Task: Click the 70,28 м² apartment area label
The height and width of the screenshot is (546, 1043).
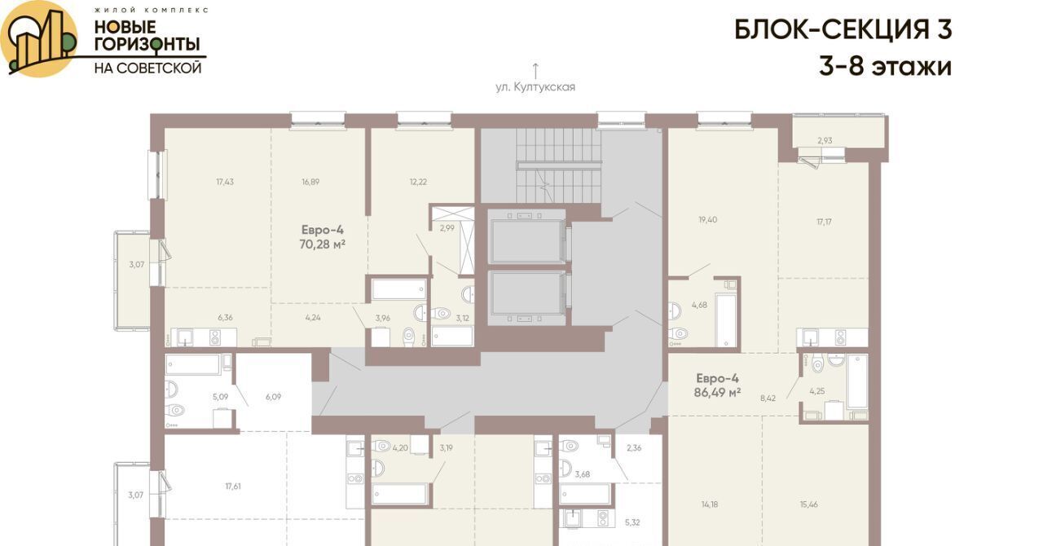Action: [x=322, y=244]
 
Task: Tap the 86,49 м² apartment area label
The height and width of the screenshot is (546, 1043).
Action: [x=717, y=393]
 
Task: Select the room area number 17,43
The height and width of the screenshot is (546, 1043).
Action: [x=225, y=182]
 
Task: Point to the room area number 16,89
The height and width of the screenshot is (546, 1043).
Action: [x=310, y=182]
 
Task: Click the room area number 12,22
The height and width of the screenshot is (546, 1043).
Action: [x=418, y=182]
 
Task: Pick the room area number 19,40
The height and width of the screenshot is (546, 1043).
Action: [x=708, y=219]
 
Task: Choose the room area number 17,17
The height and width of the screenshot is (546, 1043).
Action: [x=824, y=222]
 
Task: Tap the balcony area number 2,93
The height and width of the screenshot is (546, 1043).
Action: [x=825, y=140]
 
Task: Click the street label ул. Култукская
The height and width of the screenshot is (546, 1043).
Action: [x=535, y=87]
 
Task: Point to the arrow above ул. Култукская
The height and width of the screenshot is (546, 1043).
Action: [x=535, y=71]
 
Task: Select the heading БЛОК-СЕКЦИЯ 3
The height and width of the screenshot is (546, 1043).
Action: [x=843, y=30]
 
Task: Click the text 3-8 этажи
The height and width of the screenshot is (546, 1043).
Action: [x=885, y=67]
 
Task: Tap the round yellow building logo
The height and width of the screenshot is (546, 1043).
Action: [x=39, y=39]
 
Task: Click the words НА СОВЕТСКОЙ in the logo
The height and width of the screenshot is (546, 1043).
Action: [x=147, y=68]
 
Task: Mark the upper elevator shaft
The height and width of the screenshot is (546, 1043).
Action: [x=527, y=241]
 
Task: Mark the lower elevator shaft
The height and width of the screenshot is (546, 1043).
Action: [x=527, y=293]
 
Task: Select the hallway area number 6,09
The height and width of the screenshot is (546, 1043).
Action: [x=273, y=397]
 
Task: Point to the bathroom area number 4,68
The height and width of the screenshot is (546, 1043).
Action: [x=699, y=305]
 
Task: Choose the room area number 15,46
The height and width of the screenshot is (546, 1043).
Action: [x=809, y=504]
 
